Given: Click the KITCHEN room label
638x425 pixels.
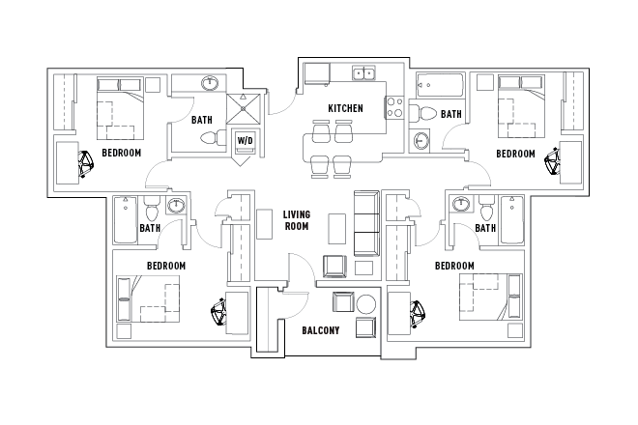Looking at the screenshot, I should pyautogui.click(x=345, y=108).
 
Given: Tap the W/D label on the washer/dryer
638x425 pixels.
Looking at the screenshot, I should pyautogui.click(x=246, y=141).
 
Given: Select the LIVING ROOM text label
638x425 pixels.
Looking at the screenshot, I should pyautogui.click(x=296, y=220).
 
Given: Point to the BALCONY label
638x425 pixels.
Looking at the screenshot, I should pyautogui.click(x=319, y=330).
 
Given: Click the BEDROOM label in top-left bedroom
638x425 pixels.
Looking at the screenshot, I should pyautogui.click(x=122, y=153).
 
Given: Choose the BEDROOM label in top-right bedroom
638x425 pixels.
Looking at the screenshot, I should pyautogui.click(x=515, y=153).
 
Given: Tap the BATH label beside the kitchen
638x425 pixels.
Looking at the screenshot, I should pyautogui.click(x=451, y=114).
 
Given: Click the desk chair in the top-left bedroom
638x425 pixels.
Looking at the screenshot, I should pyautogui.click(x=86, y=165).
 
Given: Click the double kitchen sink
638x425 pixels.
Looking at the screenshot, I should pyautogui.click(x=364, y=72).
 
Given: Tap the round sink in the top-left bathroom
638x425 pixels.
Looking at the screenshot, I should pyautogui.click(x=210, y=84).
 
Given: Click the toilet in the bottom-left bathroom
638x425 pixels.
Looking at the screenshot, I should pyautogui.click(x=150, y=209).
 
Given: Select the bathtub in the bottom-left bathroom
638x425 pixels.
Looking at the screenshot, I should pyautogui.click(x=123, y=220).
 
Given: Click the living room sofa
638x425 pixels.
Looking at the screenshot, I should pyautogui.click(x=366, y=221).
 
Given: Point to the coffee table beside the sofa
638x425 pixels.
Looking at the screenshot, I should pyautogui.click(x=335, y=228).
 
